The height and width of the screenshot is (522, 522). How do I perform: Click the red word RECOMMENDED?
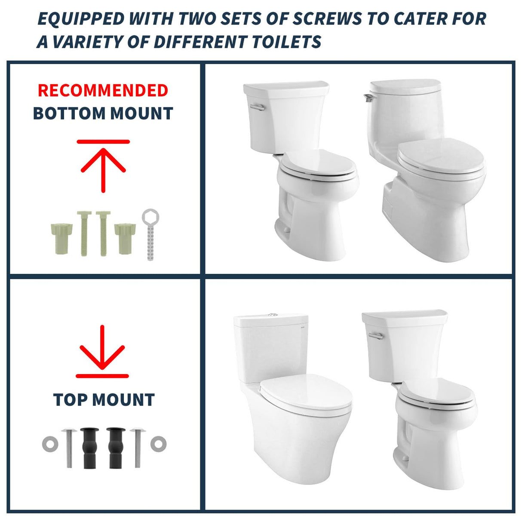point(103,91)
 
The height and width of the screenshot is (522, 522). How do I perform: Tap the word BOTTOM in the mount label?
point(69,114)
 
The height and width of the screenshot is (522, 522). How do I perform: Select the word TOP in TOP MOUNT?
point(69,400)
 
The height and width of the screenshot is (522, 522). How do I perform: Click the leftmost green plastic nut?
point(61,234)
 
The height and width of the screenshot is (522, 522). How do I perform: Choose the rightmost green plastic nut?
point(125,234)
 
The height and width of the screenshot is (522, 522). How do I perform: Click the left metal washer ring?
point(49,444)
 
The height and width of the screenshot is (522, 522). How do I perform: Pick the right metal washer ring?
point(158,444)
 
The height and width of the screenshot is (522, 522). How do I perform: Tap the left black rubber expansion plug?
point(90,447)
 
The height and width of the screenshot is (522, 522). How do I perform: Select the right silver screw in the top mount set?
point(137,447)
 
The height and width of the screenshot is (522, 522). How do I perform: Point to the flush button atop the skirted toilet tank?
point(272,315)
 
